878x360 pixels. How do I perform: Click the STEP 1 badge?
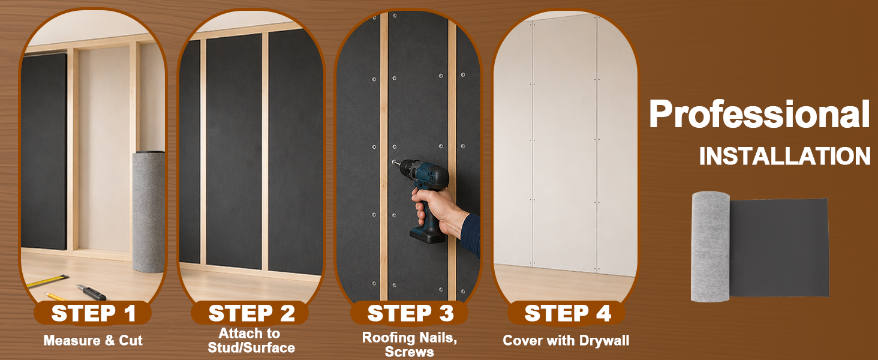[92, 313]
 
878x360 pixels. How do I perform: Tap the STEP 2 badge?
[250, 313]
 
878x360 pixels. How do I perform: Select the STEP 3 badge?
[409, 313]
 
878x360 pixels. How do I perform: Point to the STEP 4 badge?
[567, 313]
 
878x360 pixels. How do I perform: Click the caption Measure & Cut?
[93, 340]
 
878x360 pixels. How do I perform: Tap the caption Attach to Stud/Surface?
[251, 340]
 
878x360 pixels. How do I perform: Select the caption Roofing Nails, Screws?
[410, 344]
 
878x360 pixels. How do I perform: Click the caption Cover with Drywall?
[566, 340]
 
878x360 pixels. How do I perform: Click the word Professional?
[759, 115]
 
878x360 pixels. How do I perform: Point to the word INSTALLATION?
[785, 156]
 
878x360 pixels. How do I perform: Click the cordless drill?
[423, 192]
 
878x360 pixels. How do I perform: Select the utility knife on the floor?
[91, 292]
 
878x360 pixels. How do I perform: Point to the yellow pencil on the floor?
[55, 296]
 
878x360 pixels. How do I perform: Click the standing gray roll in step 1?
[148, 212]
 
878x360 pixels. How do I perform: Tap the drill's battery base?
[427, 234]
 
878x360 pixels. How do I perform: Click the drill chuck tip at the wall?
[394, 162]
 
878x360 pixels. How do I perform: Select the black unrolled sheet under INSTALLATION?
[779, 248]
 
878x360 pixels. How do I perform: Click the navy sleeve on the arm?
[471, 235]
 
